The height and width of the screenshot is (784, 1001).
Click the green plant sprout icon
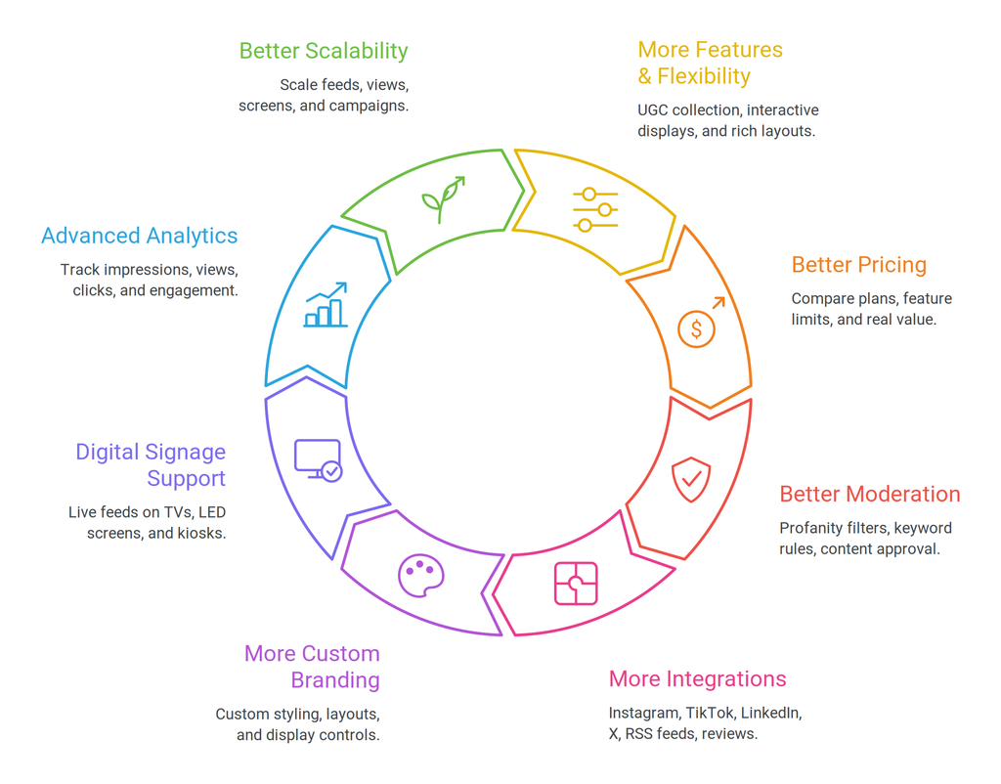point(443,199)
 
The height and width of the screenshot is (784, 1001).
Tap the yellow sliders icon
point(595,209)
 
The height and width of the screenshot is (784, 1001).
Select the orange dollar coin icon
point(700,323)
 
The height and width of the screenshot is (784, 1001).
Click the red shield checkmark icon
point(691,479)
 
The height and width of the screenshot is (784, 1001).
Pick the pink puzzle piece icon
point(576,583)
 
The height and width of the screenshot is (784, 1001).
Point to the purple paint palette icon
point(420,575)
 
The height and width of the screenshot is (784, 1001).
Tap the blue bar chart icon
point(326,305)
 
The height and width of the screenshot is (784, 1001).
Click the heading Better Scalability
point(324,51)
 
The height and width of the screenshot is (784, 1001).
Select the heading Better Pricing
point(858,265)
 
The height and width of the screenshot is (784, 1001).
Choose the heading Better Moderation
point(869,494)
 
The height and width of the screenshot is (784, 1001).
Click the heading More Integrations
point(697,678)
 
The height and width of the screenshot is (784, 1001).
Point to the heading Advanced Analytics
point(140,237)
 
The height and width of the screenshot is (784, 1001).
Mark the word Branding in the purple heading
point(335,680)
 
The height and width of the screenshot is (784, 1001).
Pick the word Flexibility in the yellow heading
point(704,76)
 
